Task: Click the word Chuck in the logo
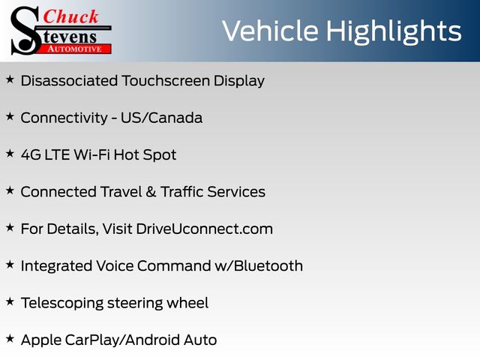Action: pos(70,16)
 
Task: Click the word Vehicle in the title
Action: pos(270,31)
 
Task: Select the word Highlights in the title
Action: pos(394,32)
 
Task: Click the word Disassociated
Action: pos(69,81)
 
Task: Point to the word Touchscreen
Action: pos(166,81)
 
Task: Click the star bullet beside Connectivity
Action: pos(10,117)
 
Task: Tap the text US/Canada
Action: pos(161,118)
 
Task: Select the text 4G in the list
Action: pos(31,155)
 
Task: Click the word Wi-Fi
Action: pos(91,154)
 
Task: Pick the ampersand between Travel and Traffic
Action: pos(151,192)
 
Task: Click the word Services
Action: pos(236,192)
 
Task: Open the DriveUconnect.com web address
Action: pos(204,229)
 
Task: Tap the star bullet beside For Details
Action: pos(10,228)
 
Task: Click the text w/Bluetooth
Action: pos(259,265)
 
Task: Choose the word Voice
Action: pos(115,265)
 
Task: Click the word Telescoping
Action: pos(62,303)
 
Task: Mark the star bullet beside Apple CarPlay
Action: pos(10,339)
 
